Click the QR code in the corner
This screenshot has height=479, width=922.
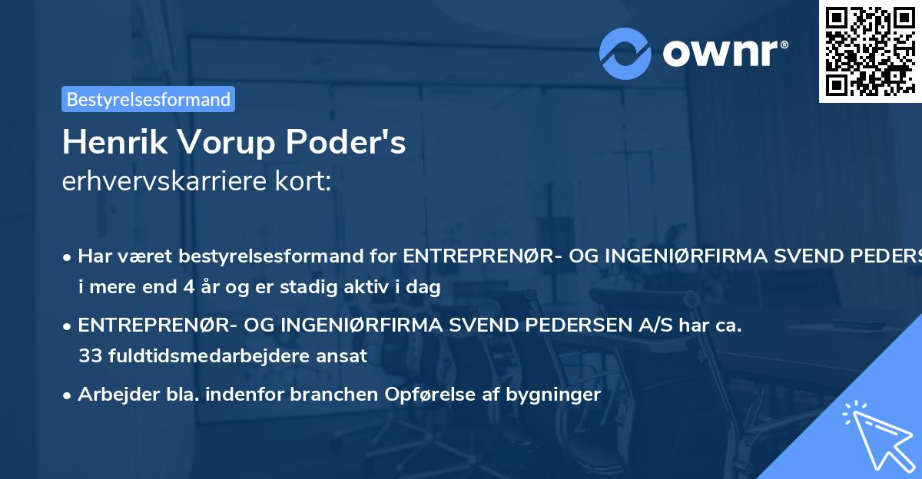[870, 51]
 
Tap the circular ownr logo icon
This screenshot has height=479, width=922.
[625, 53]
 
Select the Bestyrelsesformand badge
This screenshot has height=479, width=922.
[148, 99]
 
